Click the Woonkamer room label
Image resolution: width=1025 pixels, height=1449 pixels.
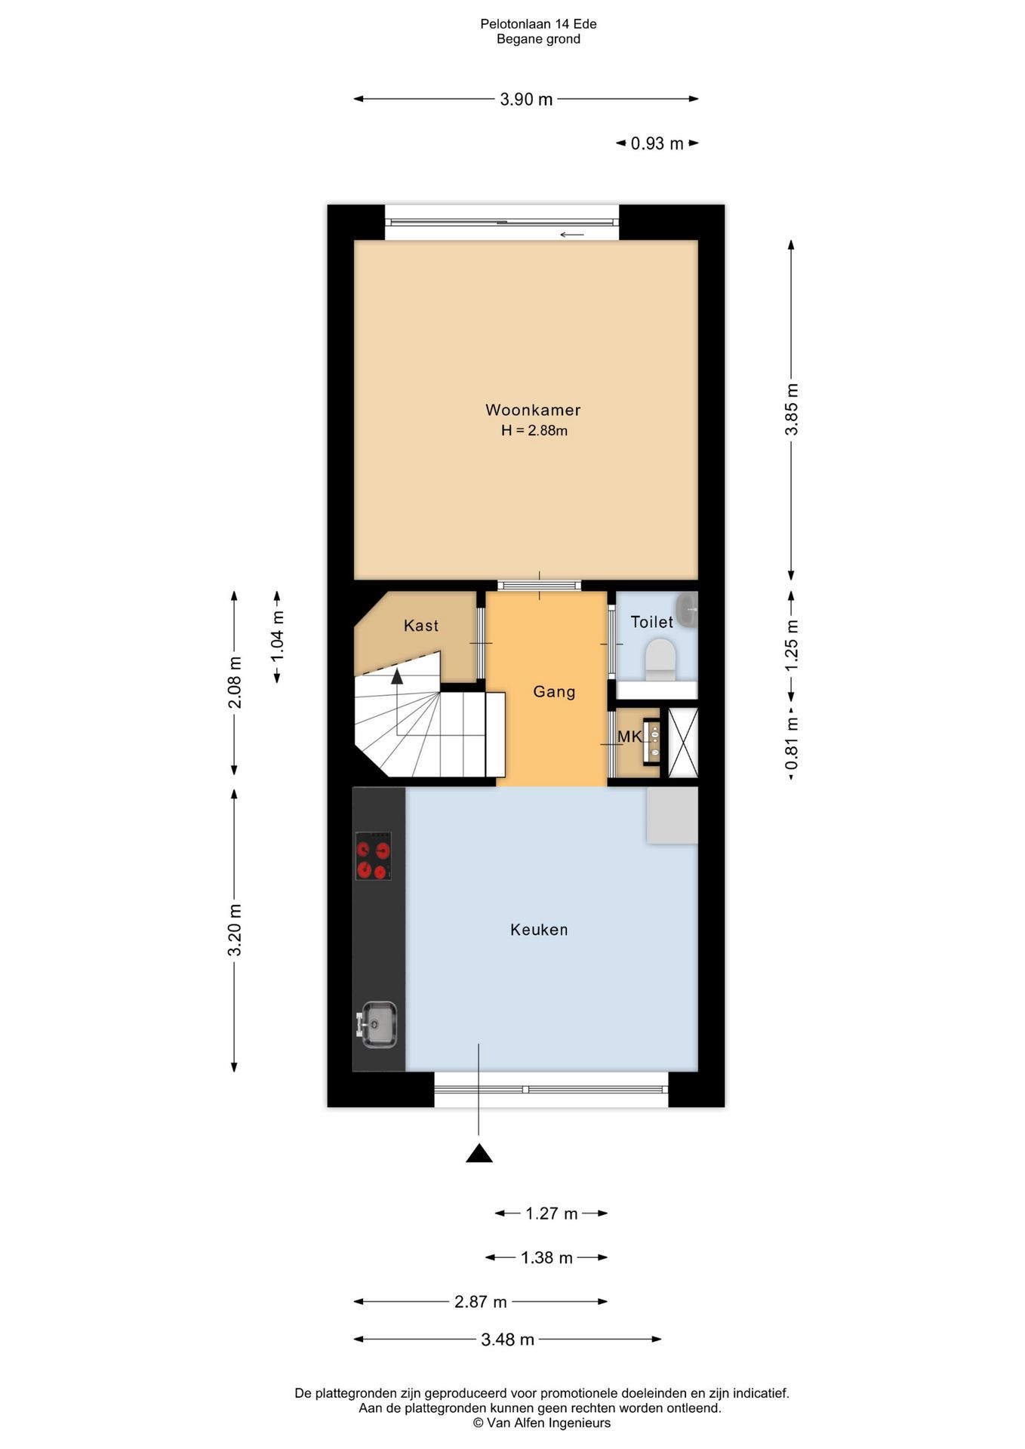[x=533, y=410]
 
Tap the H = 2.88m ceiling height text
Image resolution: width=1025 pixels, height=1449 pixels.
[x=534, y=431]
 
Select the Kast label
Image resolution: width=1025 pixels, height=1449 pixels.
[x=421, y=626]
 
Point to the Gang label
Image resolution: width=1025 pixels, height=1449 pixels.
[x=554, y=692]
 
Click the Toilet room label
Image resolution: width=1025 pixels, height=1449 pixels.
[x=652, y=622]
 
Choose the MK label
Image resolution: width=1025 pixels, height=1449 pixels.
[x=629, y=737]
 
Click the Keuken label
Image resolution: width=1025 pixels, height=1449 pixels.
[x=539, y=930]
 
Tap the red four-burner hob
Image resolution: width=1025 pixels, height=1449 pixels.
[x=374, y=856]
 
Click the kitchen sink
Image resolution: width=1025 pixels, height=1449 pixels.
[x=377, y=1024]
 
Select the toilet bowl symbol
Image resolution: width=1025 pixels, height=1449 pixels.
[x=661, y=660]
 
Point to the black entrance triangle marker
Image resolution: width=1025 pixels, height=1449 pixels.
[x=479, y=1153]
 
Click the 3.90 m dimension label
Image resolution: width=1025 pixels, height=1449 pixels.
[x=526, y=100]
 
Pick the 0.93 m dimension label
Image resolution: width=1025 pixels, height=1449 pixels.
[x=657, y=143]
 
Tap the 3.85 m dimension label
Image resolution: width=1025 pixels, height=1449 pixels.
[x=792, y=409]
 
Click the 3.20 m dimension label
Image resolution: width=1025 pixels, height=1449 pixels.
[x=235, y=930]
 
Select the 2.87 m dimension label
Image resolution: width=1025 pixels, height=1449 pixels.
[x=481, y=1302]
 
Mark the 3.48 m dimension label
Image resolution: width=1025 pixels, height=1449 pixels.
[x=507, y=1340]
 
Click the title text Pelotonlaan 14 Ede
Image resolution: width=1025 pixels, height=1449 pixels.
[x=538, y=24]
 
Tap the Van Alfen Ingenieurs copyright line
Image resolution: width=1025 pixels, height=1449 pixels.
[x=542, y=1423]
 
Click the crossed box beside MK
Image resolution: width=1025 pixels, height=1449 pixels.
[x=683, y=742]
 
